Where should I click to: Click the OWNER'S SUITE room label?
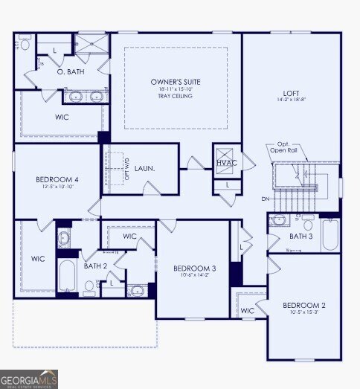click(176, 81)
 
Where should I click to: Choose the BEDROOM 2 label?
click(303, 305)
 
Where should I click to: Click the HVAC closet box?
click(227, 163)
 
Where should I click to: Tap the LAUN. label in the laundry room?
click(145, 169)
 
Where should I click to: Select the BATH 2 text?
click(94, 266)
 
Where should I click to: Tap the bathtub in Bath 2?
click(65, 277)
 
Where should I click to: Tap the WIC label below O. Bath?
click(62, 118)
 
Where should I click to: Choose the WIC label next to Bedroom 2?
click(247, 310)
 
